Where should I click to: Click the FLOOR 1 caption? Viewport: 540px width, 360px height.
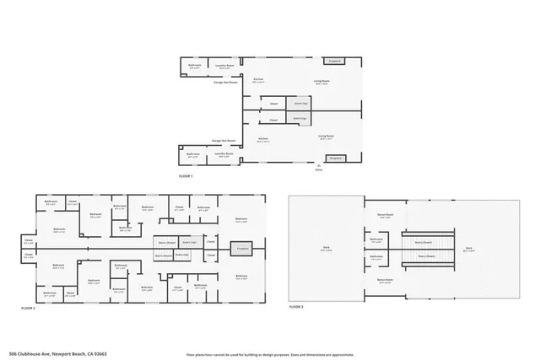pos(186,175)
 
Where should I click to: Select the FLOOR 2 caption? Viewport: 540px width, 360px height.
pos(31,309)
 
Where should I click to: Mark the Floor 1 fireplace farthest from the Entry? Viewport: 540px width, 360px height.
pos(334,61)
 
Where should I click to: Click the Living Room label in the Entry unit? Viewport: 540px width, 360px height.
pos(326,136)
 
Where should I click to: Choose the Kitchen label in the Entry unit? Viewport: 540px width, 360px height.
pos(263,140)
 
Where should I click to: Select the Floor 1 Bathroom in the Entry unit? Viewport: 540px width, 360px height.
pos(193,154)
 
